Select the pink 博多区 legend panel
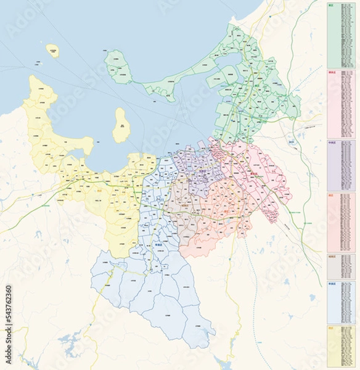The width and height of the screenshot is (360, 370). click(342, 104)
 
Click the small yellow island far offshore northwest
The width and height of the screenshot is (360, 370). click(53, 51)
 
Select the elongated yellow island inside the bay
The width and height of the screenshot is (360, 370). click(121, 126)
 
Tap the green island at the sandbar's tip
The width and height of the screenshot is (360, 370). click(118, 67)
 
